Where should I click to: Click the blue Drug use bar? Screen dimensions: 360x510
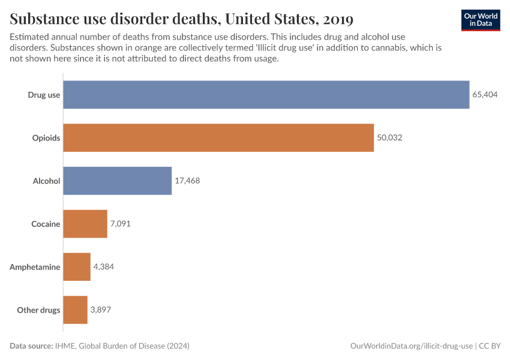click(x=266, y=95)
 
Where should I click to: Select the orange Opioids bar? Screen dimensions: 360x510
click(x=218, y=138)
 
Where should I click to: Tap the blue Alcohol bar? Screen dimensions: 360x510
click(x=117, y=181)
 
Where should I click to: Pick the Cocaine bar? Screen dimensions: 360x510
click(x=85, y=224)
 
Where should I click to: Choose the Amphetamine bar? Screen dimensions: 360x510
click(x=77, y=267)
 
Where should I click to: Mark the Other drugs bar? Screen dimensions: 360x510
click(x=75, y=310)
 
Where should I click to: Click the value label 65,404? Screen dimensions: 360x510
click(x=485, y=95)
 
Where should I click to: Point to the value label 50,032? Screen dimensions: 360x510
click(x=389, y=138)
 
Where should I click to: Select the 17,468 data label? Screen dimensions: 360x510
click(x=187, y=181)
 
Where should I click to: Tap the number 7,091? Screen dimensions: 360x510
click(x=120, y=224)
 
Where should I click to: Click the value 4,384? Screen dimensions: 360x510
click(x=103, y=267)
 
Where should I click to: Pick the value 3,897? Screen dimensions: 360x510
click(x=100, y=310)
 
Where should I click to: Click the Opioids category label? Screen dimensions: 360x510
click(x=46, y=138)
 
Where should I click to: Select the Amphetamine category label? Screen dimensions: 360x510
click(x=35, y=267)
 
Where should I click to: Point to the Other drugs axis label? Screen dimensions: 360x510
click(x=38, y=310)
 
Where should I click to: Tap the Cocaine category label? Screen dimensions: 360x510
click(x=46, y=224)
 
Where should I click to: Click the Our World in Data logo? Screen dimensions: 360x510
click(x=480, y=20)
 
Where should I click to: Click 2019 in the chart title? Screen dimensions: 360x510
click(x=337, y=20)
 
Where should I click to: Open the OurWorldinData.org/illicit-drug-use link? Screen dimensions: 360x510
click(x=411, y=346)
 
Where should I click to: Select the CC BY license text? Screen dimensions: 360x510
click(x=490, y=346)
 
